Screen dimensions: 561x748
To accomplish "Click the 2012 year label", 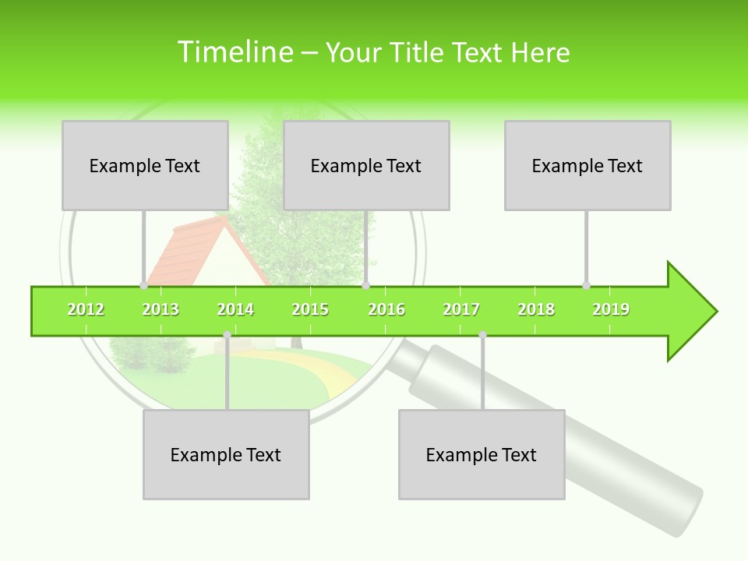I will click(x=86, y=310).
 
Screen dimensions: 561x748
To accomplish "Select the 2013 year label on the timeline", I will click(x=161, y=310).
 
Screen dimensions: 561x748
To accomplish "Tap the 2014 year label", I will click(x=235, y=310).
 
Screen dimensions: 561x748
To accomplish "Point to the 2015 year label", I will click(x=310, y=310).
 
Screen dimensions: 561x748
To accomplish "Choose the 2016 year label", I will click(x=386, y=310).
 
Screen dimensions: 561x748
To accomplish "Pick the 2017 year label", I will click(x=461, y=310).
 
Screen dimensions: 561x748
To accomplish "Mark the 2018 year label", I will click(x=536, y=310).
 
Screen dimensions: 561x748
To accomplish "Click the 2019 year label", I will click(x=611, y=310).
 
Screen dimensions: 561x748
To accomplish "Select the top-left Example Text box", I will click(x=145, y=165).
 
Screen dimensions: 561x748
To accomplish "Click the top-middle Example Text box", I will click(x=366, y=165).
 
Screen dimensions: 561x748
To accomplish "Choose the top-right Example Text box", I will click(x=587, y=165).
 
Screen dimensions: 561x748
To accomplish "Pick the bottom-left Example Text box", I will click(x=226, y=454).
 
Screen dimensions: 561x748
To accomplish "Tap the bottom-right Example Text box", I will click(x=482, y=454).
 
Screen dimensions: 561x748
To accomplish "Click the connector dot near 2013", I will click(x=143, y=286).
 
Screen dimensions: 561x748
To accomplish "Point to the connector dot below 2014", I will click(x=227, y=335).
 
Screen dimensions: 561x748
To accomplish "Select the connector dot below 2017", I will click(x=482, y=335).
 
